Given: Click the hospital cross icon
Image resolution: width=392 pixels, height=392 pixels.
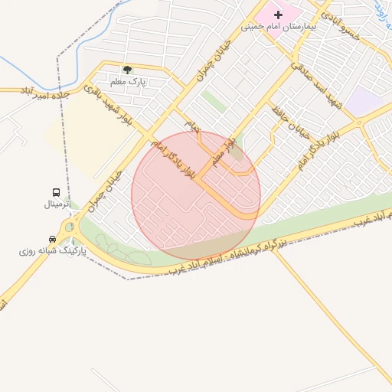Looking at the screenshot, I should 278,15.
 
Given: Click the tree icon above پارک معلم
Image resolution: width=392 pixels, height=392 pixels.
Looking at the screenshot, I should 127,70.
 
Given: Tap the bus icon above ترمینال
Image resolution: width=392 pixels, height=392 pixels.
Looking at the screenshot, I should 57,192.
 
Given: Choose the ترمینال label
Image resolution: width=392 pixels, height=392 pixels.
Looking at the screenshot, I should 57,204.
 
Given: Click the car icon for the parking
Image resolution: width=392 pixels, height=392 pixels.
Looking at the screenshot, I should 51,238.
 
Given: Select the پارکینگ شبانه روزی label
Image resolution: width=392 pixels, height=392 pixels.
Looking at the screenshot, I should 53,250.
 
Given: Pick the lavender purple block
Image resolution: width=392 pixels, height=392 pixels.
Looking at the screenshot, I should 364,102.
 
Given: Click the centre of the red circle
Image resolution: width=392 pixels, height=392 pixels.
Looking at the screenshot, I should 196,195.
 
